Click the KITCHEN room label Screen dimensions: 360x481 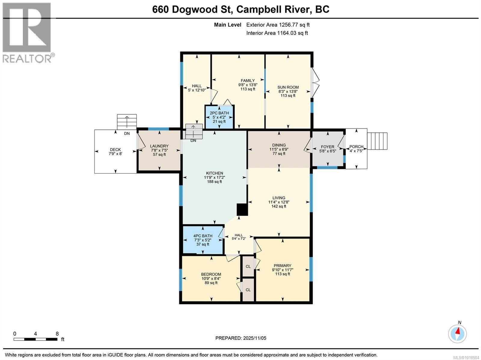point(214,173)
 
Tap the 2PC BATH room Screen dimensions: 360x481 point(219,117)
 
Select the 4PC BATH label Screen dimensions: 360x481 point(203,236)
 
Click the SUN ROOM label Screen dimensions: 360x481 point(288,87)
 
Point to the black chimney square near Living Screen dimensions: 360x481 point(242,209)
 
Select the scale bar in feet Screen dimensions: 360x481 point(35,339)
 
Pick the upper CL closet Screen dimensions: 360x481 point(248,266)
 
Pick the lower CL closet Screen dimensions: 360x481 point(248,290)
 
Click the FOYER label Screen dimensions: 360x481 point(327,147)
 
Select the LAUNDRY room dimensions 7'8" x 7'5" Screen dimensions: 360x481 point(159,150)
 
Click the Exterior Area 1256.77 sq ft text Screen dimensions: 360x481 point(278,25)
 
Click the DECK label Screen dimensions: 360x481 point(115,149)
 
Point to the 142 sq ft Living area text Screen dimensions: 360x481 point(279,206)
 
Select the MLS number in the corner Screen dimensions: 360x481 point(470,357)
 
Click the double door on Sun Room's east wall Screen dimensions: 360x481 point(314,82)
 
